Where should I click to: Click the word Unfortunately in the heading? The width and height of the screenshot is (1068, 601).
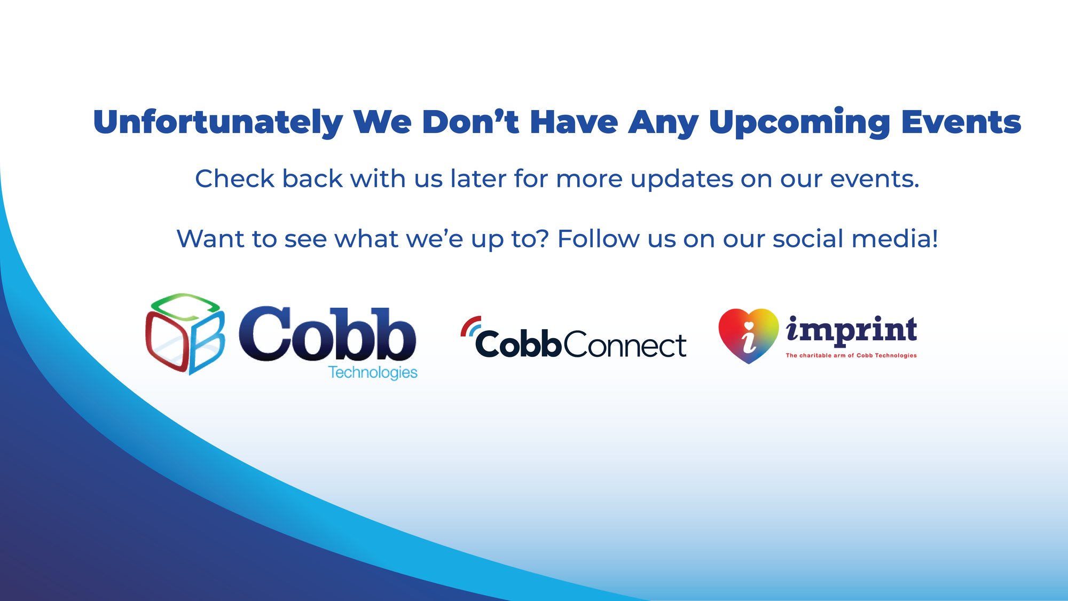click(x=218, y=122)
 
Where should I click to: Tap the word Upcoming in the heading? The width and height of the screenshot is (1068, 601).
click(x=799, y=123)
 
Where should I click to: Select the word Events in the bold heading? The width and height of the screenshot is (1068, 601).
click(x=961, y=122)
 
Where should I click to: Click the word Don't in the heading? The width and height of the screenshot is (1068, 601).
click(x=470, y=122)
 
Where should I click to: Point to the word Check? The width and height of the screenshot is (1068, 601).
click(x=235, y=178)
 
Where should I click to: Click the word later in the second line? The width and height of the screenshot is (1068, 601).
click(x=478, y=178)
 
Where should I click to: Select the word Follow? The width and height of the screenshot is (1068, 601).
click(x=599, y=238)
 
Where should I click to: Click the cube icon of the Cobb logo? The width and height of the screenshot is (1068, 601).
click(x=185, y=333)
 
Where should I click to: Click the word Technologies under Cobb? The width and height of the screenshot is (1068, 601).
click(x=373, y=372)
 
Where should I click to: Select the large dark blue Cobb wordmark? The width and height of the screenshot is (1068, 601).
click(x=327, y=334)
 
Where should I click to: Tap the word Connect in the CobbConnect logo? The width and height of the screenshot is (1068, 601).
click(x=625, y=345)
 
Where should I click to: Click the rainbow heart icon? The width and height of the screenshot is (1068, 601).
click(x=749, y=335)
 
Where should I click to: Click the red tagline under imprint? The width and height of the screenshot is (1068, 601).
click(x=851, y=355)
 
